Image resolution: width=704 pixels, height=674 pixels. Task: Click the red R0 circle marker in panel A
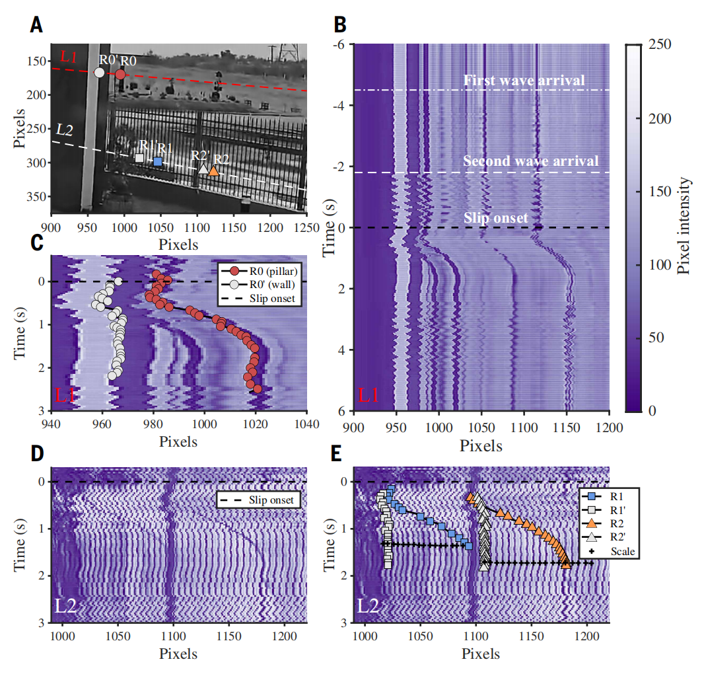click(x=120, y=74)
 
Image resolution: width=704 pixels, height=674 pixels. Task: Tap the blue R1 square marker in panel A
click(x=158, y=161)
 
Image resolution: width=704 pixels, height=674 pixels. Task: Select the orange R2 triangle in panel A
click(x=213, y=170)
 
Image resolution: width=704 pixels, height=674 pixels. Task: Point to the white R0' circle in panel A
click(x=99, y=72)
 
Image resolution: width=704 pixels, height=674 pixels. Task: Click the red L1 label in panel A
click(x=69, y=57)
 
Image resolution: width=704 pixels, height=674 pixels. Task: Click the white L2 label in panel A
click(x=65, y=130)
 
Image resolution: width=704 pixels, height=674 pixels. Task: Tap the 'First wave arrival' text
click(x=524, y=81)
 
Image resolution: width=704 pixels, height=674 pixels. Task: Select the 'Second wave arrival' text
click(x=530, y=161)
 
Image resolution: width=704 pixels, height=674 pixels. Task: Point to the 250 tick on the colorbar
click(x=661, y=44)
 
